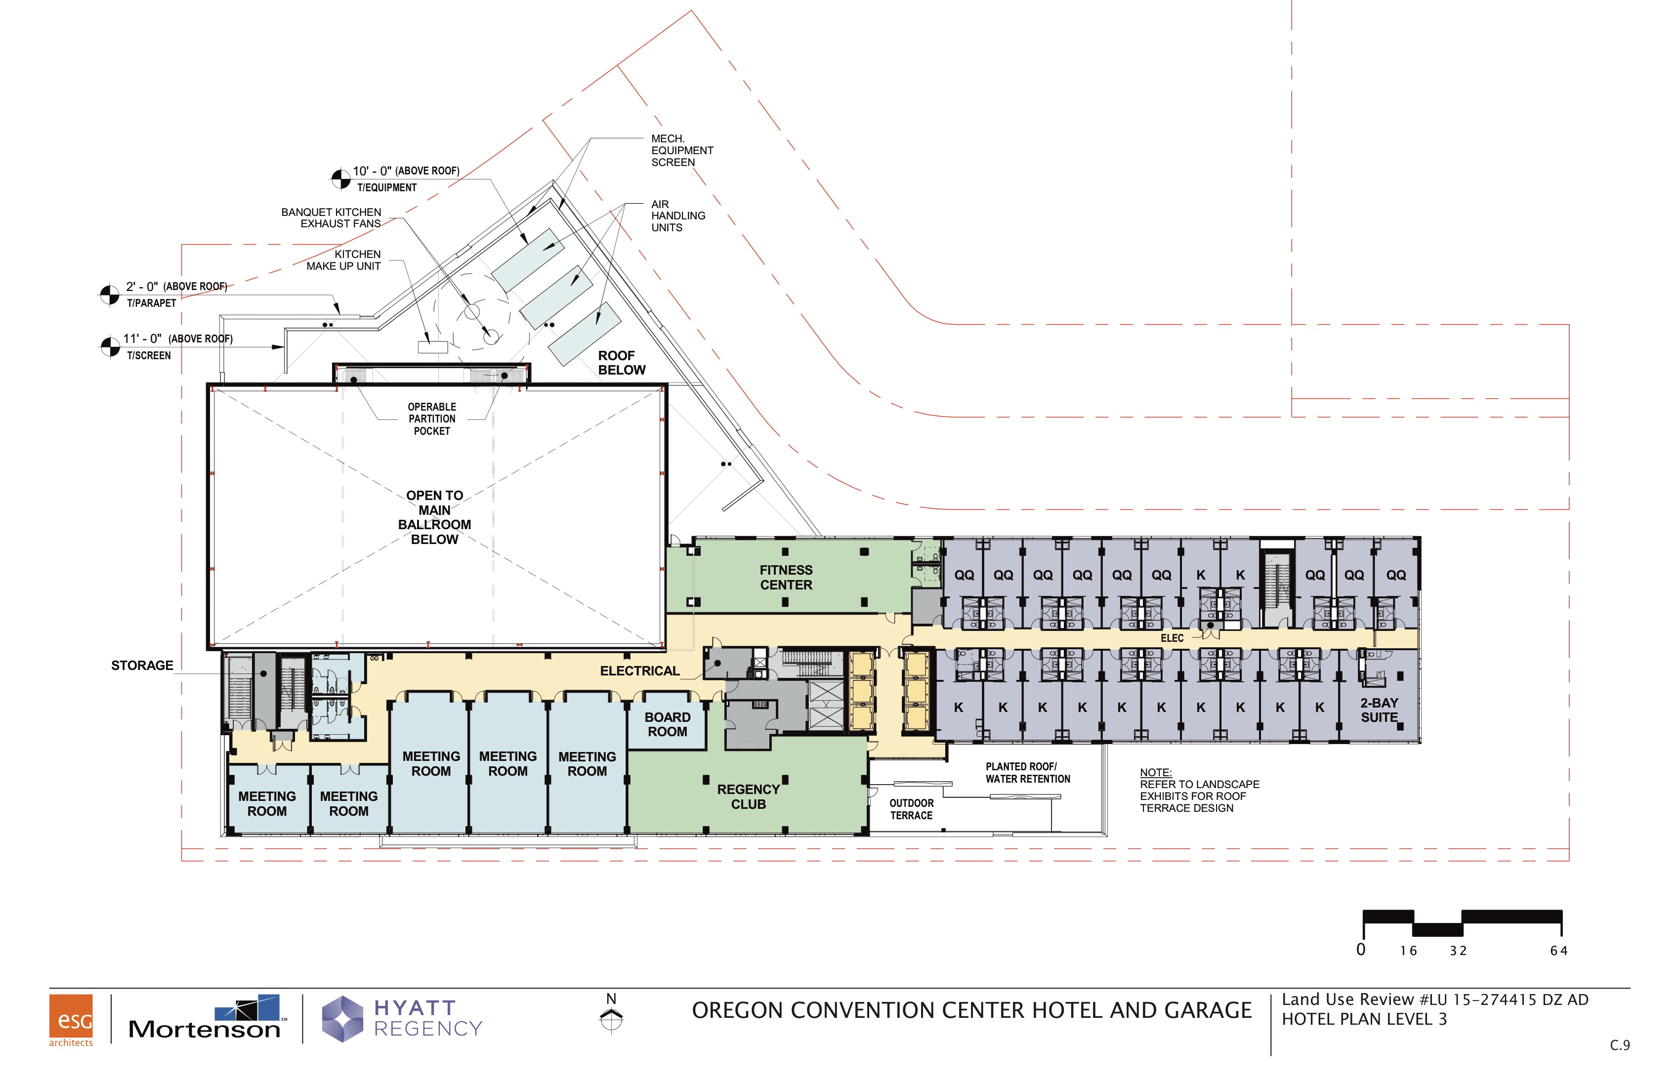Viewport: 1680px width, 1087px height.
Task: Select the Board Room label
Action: (x=667, y=724)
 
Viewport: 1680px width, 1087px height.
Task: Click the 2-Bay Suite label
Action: (x=1379, y=710)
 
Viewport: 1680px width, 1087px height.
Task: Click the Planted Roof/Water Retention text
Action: (x=1028, y=773)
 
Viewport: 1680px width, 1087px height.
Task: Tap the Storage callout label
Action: (x=142, y=666)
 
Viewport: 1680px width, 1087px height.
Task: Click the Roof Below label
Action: (x=621, y=363)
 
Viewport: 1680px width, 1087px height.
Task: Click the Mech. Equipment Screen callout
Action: (x=682, y=150)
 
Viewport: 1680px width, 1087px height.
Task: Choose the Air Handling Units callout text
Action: (x=677, y=216)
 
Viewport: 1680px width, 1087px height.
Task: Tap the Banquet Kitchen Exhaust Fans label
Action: (x=331, y=218)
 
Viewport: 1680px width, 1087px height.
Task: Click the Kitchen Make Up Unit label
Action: (x=344, y=260)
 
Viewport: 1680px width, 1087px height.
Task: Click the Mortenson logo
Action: (x=205, y=1018)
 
